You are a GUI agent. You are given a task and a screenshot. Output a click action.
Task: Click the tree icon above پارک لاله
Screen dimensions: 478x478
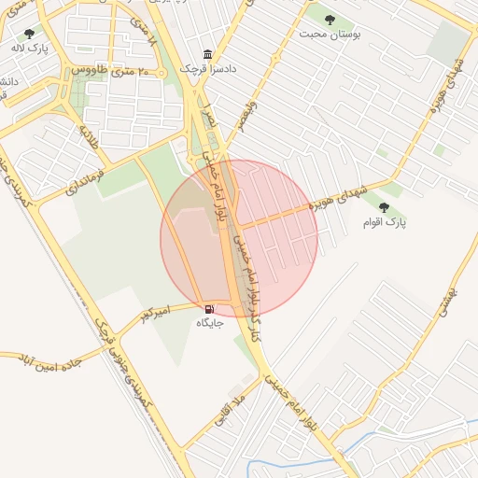click(x=29, y=34)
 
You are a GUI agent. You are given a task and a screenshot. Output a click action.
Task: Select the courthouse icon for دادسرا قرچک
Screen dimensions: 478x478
click(x=208, y=54)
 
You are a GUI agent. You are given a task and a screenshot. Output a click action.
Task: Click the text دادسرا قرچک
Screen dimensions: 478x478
click(x=202, y=69)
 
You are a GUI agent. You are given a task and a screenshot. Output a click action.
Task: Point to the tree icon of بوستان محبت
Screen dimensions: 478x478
click(x=329, y=18)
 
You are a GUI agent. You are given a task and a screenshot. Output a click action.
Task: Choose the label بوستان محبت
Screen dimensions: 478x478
click(x=329, y=33)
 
